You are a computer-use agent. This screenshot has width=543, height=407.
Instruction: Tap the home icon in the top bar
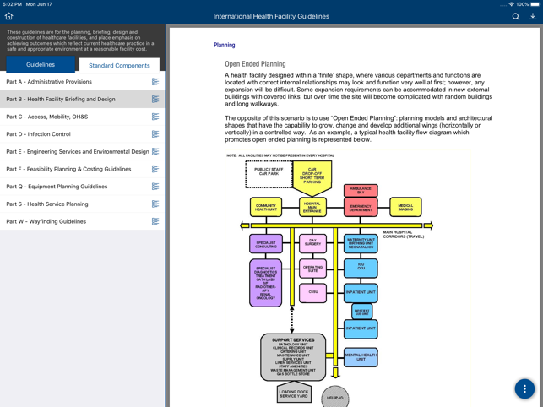pyautogui.click(x=9, y=16)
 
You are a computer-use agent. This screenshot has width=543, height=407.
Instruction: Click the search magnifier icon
pyautogui.click(x=515, y=16)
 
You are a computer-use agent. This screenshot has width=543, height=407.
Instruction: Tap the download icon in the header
pyautogui.click(x=532, y=16)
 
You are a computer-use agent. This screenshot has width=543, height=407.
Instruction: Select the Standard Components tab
pyautogui.click(x=119, y=65)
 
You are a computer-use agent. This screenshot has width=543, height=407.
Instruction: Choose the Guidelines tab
pyautogui.click(x=41, y=65)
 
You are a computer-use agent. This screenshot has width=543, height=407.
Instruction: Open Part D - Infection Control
pyautogui.click(x=38, y=134)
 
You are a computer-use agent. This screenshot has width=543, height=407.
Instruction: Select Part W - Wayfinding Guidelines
pyautogui.click(x=46, y=221)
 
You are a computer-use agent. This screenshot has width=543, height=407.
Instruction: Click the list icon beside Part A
pyautogui.click(x=155, y=82)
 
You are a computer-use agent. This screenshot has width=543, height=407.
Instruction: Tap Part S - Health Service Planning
pyautogui.click(x=47, y=203)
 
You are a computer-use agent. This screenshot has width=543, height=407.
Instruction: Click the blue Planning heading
pyautogui.click(x=224, y=46)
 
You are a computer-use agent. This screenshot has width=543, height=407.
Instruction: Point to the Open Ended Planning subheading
pyautogui.click(x=255, y=64)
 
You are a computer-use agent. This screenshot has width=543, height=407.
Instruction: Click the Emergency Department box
pyautogui.click(x=361, y=207)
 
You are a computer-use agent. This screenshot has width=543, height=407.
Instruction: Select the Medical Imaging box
pyautogui.click(x=405, y=207)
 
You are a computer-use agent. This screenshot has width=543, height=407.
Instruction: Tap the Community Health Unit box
pyautogui.click(x=266, y=207)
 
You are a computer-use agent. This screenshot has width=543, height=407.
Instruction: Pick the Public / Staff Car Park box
pyautogui.click(x=269, y=175)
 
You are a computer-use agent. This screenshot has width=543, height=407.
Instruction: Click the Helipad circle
pyautogui.click(x=334, y=397)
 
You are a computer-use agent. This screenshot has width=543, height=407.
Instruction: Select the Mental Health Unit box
pyautogui.click(x=361, y=357)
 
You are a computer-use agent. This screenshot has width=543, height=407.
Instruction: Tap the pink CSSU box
pyautogui.click(x=312, y=292)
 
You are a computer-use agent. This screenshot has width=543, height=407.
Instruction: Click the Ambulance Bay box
pyautogui.click(x=361, y=191)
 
